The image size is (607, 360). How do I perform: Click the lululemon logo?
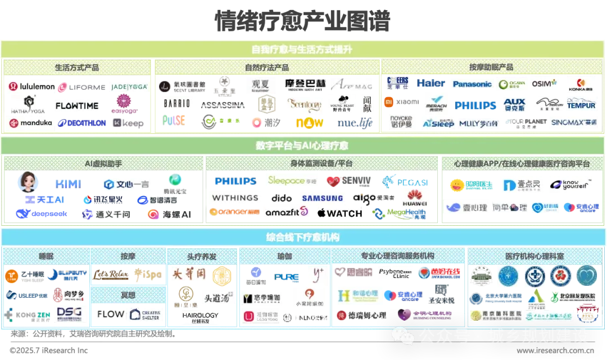(31, 87)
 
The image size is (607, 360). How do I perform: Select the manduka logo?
(31, 122)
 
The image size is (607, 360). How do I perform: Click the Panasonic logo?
(472, 84)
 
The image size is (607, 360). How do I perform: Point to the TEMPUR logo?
(581, 105)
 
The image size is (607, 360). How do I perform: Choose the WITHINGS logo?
(235, 198)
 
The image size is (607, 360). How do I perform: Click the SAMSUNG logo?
(323, 198)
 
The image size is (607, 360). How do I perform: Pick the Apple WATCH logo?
(339, 213)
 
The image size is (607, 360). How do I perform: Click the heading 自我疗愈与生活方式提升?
(302, 50)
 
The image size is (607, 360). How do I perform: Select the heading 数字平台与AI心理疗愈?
(302, 146)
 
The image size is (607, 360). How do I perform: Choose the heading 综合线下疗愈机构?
(302, 237)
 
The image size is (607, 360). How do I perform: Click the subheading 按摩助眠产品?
(491, 67)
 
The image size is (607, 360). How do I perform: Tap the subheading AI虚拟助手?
(103, 163)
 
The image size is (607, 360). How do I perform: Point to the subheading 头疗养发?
(201, 256)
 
